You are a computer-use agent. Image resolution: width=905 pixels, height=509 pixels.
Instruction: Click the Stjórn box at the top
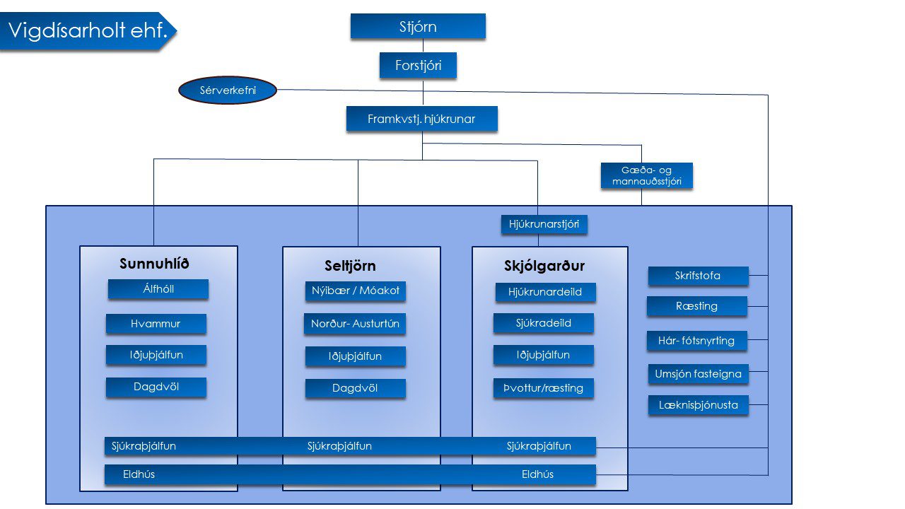pyautogui.click(x=418, y=27)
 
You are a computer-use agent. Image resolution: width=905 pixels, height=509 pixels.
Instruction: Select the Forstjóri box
pyautogui.click(x=418, y=66)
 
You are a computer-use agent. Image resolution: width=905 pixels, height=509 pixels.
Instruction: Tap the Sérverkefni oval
pyautogui.click(x=227, y=90)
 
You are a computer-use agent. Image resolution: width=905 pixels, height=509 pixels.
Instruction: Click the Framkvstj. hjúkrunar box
pyautogui.click(x=421, y=119)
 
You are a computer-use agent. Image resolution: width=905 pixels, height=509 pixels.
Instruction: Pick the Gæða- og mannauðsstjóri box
pyautogui.click(x=646, y=176)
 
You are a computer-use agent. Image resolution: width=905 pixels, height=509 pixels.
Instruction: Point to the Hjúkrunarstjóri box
pyautogui.click(x=544, y=225)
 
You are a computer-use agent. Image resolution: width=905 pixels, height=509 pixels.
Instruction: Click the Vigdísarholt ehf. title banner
pyautogui.click(x=85, y=31)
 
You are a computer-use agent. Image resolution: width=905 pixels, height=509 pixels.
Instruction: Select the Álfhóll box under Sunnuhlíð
pyautogui.click(x=158, y=289)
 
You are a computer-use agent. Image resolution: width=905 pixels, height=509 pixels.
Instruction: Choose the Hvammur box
pyautogui.click(x=156, y=324)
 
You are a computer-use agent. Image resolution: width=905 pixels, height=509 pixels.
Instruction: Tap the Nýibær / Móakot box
pyautogui.click(x=356, y=291)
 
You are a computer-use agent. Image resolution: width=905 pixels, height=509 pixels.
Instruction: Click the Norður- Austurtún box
pyautogui.click(x=355, y=324)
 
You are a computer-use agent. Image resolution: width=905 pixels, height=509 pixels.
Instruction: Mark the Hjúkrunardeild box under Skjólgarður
pyautogui.click(x=545, y=291)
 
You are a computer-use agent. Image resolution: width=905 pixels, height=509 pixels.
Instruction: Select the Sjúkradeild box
pyautogui.click(x=543, y=323)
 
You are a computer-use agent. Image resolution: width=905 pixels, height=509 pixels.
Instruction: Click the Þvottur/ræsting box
pyautogui.click(x=543, y=387)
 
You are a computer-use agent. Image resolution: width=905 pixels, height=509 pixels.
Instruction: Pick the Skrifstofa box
pyautogui.click(x=698, y=276)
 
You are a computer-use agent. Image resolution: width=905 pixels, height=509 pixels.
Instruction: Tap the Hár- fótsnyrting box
pyautogui.click(x=696, y=341)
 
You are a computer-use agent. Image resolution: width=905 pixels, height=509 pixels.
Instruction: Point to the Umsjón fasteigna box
pyautogui.click(x=698, y=374)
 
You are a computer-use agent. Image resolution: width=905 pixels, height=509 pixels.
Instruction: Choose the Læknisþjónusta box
pyautogui.click(x=698, y=405)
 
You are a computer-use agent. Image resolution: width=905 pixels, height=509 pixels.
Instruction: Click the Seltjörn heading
pyautogui.click(x=350, y=267)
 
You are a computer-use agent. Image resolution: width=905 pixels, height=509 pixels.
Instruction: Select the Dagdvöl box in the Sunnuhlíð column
pyautogui.click(x=156, y=387)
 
